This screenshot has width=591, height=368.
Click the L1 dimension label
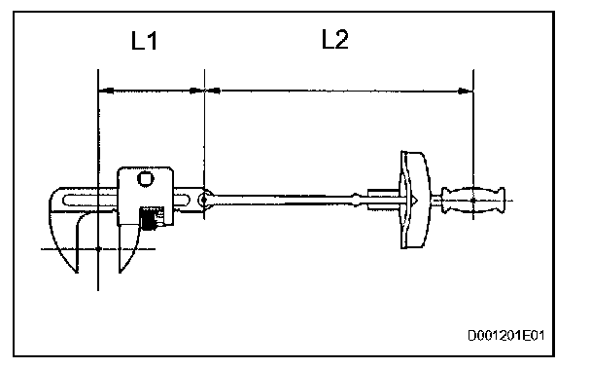coord(144,41)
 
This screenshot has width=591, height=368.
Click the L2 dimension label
coord(335,39)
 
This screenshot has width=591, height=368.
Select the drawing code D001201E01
coord(506,335)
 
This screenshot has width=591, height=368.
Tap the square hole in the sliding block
coord(146,178)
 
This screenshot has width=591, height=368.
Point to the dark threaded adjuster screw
coord(148,218)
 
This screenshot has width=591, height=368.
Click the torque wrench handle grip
coord(473,200)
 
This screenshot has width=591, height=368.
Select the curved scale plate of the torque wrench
coord(414,200)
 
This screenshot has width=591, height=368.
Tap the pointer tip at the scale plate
coord(416,200)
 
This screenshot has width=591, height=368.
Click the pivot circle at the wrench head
coord(205,200)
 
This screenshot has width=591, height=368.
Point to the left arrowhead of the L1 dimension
coord(106,91)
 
